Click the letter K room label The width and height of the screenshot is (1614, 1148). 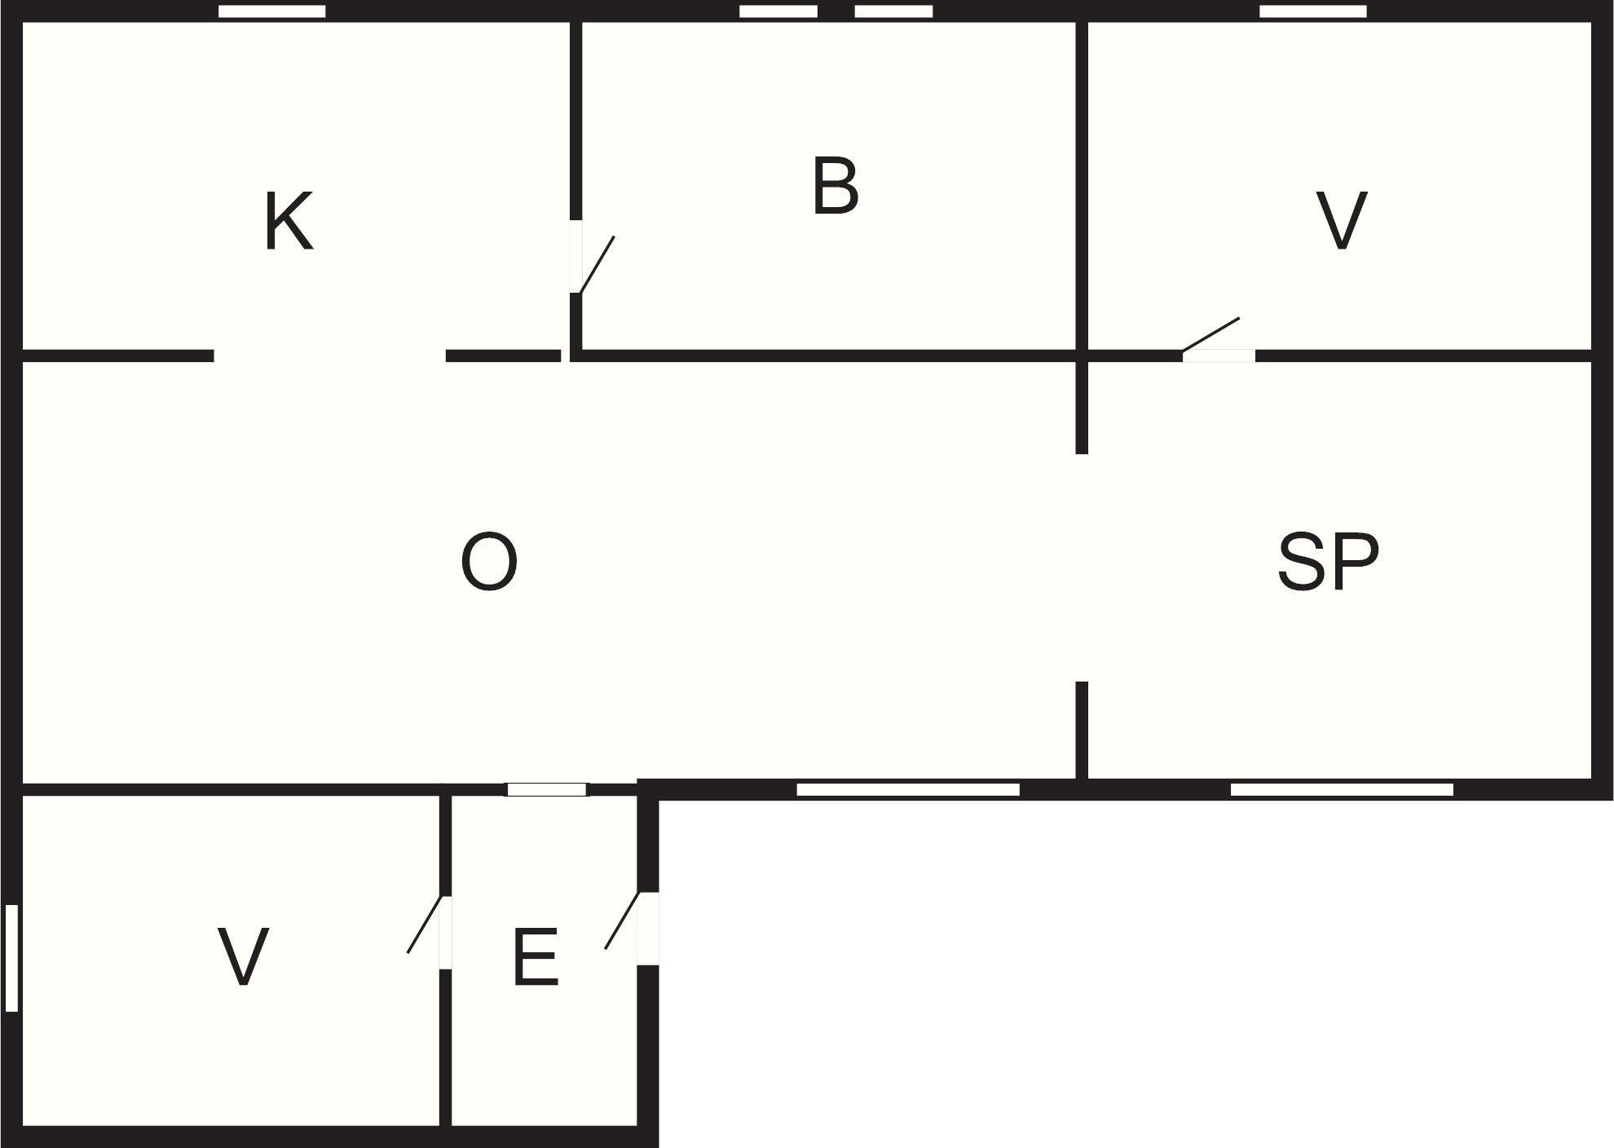pyautogui.click(x=289, y=222)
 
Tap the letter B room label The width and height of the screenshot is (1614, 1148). pyautogui.click(x=836, y=187)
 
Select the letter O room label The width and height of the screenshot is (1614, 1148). pyautogui.click(x=489, y=562)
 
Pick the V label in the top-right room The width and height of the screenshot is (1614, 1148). pyautogui.click(x=1342, y=221)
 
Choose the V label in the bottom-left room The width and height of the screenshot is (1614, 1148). pyautogui.click(x=243, y=957)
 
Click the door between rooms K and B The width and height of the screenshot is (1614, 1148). pyautogui.click(x=591, y=257)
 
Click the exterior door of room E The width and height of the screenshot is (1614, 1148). pyautogui.click(x=631, y=928)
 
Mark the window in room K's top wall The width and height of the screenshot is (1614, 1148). pyautogui.click(x=272, y=11)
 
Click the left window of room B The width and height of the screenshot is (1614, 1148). pyautogui.click(x=778, y=11)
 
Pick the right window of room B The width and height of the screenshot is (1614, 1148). pyautogui.click(x=893, y=11)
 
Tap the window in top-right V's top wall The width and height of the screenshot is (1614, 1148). pyautogui.click(x=1313, y=11)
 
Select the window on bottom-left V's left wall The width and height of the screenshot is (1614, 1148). pyautogui.click(x=11, y=958)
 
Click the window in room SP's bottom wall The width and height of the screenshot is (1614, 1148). pyautogui.click(x=1342, y=789)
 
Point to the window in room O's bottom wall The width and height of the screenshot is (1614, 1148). pyautogui.click(x=908, y=789)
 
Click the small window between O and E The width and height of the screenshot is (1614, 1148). pyautogui.click(x=547, y=789)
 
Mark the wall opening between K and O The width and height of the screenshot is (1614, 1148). pyautogui.click(x=329, y=355)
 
